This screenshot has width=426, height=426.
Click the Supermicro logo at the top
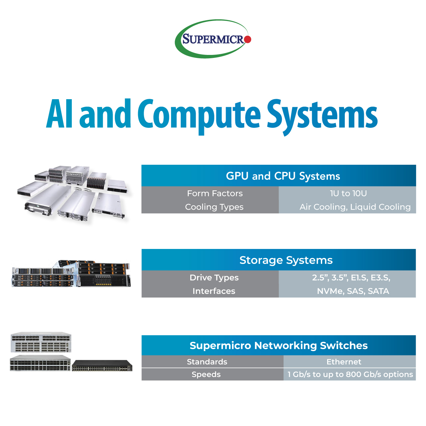pyautogui.click(x=213, y=39)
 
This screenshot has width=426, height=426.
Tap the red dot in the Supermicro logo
pyautogui.click(x=248, y=39)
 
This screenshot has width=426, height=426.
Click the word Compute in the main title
pyautogui.click(x=199, y=116)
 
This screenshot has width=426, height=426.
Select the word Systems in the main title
pyautogui.click(x=322, y=117)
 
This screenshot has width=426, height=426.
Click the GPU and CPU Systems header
pyautogui.click(x=283, y=176)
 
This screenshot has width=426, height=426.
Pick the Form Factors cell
pyautogui.click(x=215, y=193)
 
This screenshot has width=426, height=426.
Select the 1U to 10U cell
pyautogui.click(x=348, y=193)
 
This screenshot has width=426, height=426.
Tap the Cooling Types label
pyautogui.click(x=214, y=207)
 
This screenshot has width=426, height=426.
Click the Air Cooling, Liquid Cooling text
pyautogui.click(x=355, y=207)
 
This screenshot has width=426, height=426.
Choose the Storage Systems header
pyautogui.click(x=286, y=260)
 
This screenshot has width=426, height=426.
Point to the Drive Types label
pyautogui.click(x=214, y=278)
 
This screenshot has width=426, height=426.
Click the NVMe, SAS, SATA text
pyautogui.click(x=353, y=291)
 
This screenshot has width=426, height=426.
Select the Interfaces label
pyautogui.click(x=214, y=291)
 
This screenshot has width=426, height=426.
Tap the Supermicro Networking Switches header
pyautogui.click(x=279, y=345)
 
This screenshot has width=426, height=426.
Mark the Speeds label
pyautogui.click(x=206, y=374)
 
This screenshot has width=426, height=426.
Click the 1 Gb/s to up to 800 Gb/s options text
pyautogui.click(x=350, y=374)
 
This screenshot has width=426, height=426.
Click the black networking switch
pyautogui.click(x=102, y=366)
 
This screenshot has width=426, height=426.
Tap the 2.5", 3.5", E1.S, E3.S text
pyautogui.click(x=351, y=278)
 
